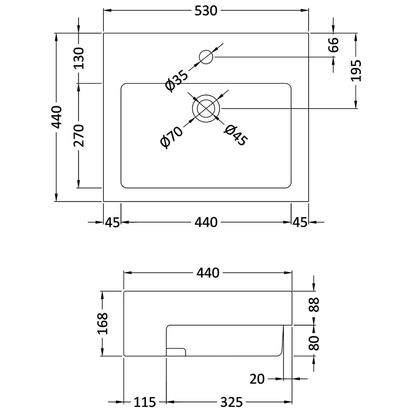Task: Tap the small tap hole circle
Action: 206,57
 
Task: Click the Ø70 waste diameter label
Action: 172,137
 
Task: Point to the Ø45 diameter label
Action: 236,135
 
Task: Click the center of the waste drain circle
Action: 206,109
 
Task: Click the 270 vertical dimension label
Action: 79,135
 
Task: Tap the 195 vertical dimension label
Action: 356,71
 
